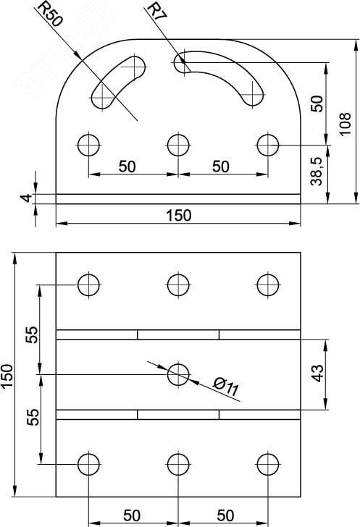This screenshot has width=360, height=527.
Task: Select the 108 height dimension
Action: click(346, 124)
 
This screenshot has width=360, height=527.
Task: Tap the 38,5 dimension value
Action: click(317, 171)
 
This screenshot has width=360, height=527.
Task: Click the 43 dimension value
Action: click(317, 373)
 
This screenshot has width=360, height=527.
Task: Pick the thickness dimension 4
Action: click(27, 198)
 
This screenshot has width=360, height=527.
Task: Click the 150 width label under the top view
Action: click(179, 215)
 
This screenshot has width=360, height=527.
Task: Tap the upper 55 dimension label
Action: click(33, 334)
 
